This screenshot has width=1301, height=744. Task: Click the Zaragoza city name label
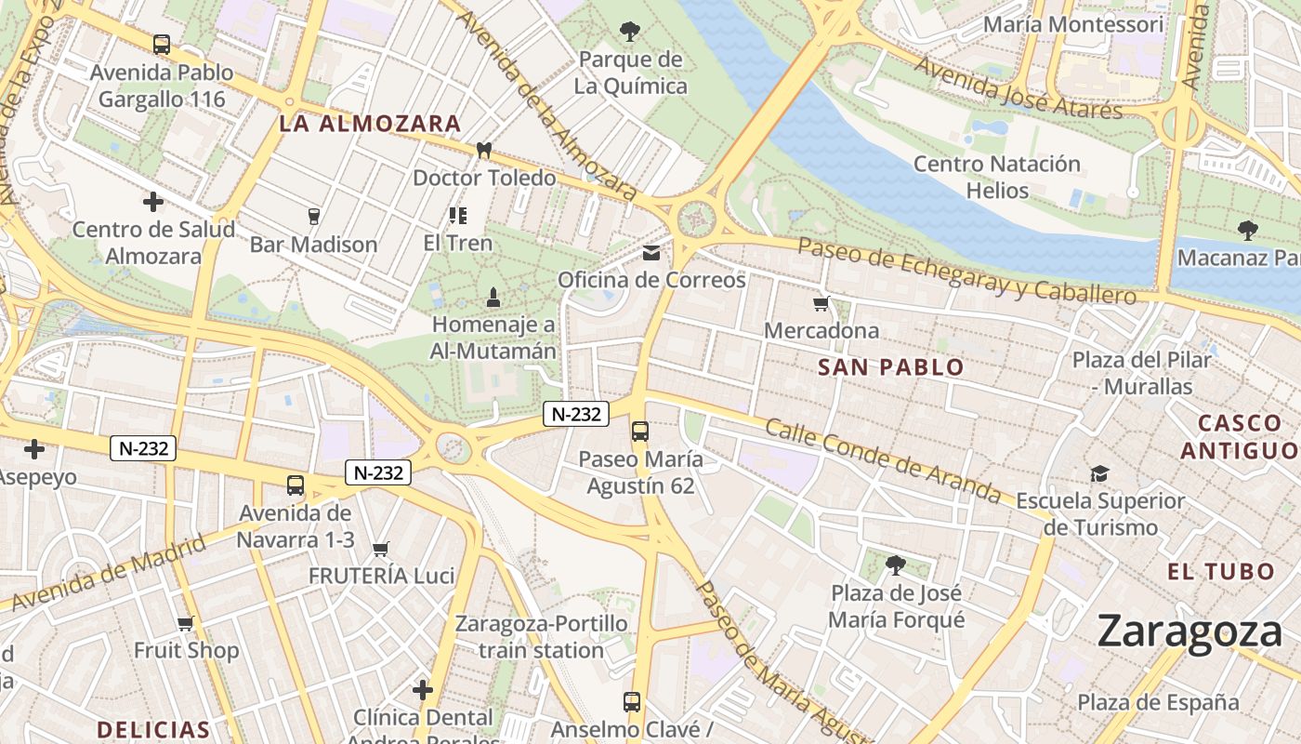(1189, 632)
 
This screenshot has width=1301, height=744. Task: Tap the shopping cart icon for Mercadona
(821, 304)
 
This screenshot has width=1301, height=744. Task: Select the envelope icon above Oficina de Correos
(651, 253)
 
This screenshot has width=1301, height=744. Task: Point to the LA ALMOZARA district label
(371, 124)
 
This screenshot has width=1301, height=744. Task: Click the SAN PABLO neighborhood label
(891, 367)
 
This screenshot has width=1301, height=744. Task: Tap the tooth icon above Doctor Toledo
(483, 150)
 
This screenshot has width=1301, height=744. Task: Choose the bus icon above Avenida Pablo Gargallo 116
(162, 44)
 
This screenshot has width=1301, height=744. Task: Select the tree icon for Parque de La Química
(630, 32)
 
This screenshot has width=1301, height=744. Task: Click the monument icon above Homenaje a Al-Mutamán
(493, 298)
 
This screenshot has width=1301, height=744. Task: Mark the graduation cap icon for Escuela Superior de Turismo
(1100, 473)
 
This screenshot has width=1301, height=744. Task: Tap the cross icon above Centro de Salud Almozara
(152, 201)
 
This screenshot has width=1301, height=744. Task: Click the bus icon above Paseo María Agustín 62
(640, 431)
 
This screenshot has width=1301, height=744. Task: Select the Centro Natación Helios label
(997, 177)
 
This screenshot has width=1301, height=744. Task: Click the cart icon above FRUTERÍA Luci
(381, 549)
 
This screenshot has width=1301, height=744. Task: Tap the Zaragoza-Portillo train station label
(541, 636)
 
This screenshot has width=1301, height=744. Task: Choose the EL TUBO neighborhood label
(1221, 571)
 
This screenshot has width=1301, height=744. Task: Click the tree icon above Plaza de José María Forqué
(896, 565)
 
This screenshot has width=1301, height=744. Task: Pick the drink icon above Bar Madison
(313, 217)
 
